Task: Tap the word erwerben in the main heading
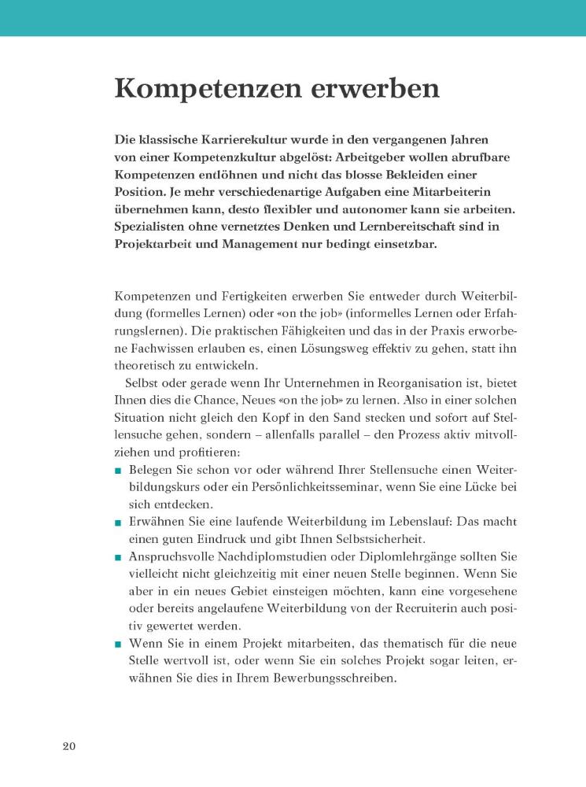374,87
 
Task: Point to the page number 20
70,746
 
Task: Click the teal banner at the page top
293,17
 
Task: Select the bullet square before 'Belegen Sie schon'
118,471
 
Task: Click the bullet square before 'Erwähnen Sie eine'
118,523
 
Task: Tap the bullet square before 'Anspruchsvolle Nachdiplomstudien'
118,557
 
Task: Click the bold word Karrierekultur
235,139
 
